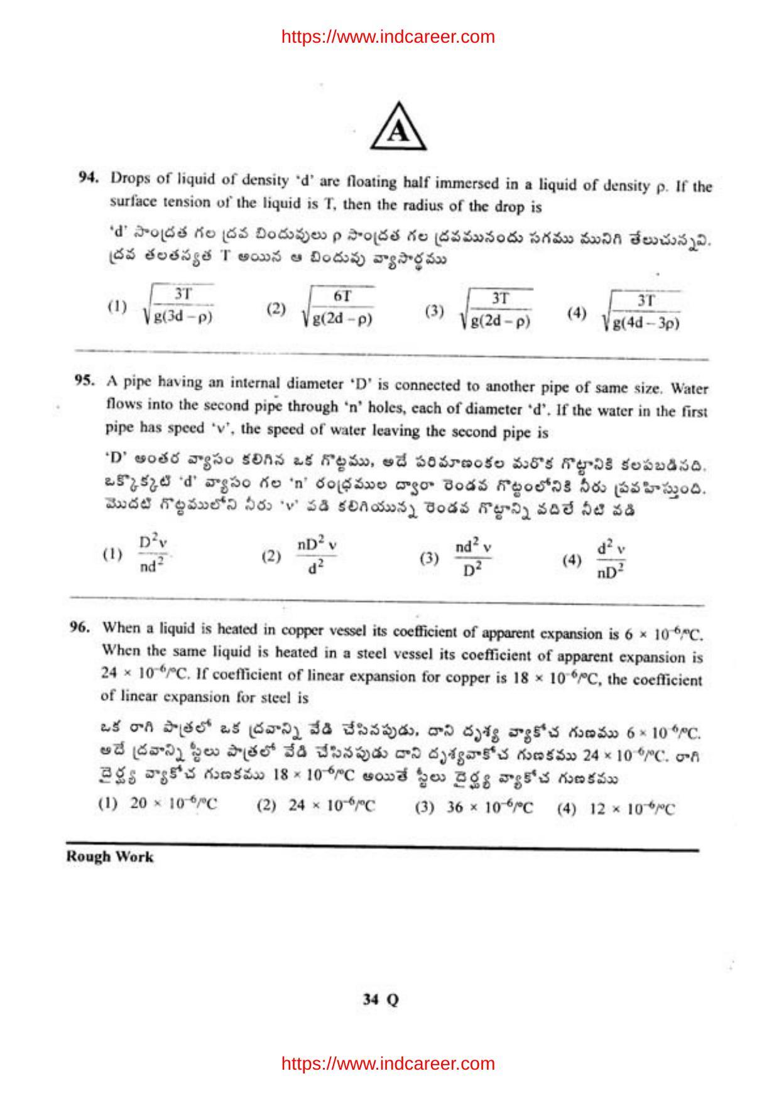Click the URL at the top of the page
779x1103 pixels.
[x=388, y=37]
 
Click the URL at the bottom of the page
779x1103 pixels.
[x=388, y=1063]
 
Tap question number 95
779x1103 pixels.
[x=85, y=380]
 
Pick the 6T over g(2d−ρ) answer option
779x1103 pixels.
[x=338, y=308]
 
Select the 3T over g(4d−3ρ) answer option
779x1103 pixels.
[x=641, y=311]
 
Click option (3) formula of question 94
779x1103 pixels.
[x=496, y=310]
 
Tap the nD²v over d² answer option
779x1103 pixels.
[x=317, y=555]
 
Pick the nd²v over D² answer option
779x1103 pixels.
[x=473, y=557]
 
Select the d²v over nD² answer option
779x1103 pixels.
[x=611, y=560]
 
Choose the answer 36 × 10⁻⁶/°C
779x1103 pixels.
[x=489, y=808]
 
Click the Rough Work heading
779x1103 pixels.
[x=110, y=857]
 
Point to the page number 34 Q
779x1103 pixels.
[x=381, y=999]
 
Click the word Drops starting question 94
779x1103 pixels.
[x=128, y=178]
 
